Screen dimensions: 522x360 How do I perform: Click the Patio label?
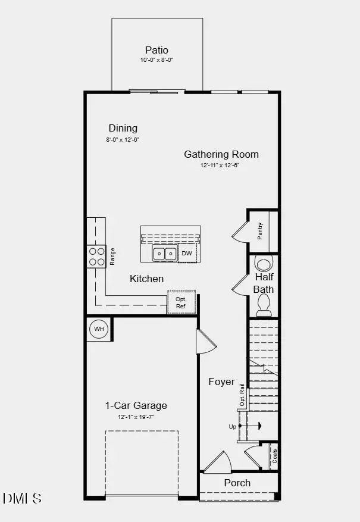(x=156, y=51)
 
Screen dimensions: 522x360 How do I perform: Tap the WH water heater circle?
(x=99, y=329)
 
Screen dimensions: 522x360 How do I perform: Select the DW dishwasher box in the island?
(x=187, y=254)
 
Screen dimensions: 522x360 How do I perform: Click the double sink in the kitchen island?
(x=164, y=254)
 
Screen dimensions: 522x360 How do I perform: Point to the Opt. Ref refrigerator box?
(x=181, y=302)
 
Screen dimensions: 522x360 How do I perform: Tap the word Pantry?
(x=261, y=231)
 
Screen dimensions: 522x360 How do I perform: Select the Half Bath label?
(x=264, y=283)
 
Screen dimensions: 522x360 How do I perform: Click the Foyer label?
(x=221, y=382)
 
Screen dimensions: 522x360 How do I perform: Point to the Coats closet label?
(x=274, y=455)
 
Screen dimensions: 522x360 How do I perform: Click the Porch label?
(x=237, y=483)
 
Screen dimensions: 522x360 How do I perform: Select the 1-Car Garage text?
(x=136, y=406)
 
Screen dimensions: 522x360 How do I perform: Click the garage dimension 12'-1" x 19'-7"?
(x=136, y=417)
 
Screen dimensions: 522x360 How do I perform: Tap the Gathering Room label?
(x=221, y=154)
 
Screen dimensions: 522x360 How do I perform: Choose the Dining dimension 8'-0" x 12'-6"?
(x=123, y=140)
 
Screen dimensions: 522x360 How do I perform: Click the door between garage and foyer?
(x=205, y=342)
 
